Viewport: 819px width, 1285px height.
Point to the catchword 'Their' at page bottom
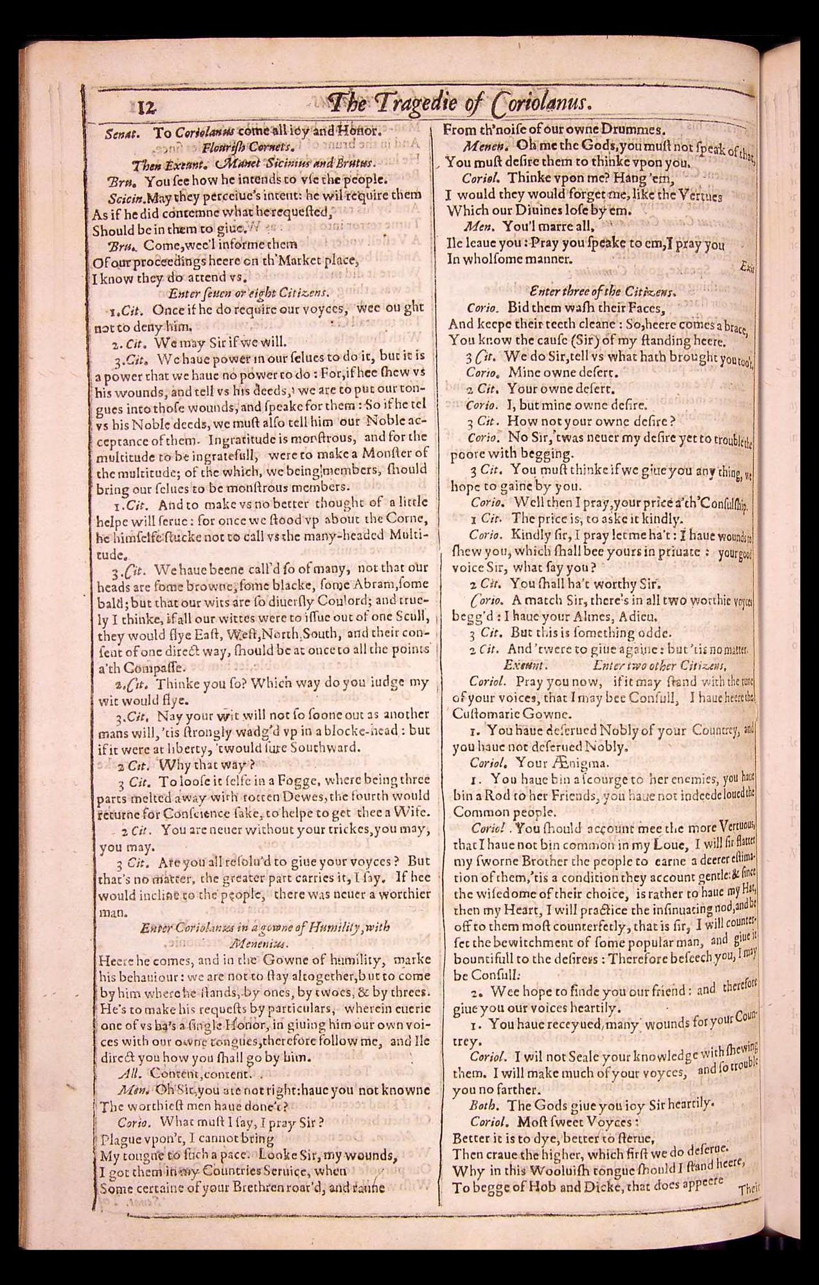pos(748,1188)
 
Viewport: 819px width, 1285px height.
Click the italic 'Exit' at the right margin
pos(746,267)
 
